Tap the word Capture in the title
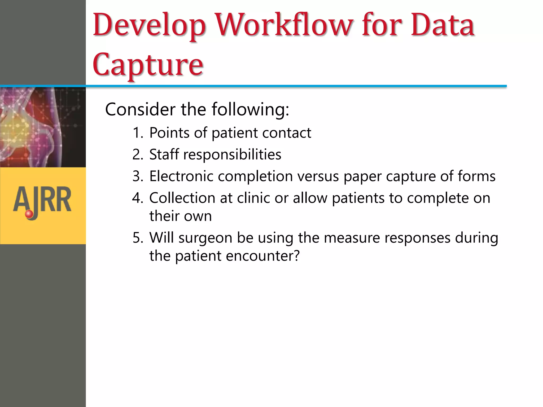pos(148,64)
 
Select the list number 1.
pos(137,133)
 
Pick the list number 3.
pos(138,176)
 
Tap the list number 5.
pos(138,238)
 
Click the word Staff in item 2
pos(164,154)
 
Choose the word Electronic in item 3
pos(181,176)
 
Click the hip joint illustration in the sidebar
pos(42,127)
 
